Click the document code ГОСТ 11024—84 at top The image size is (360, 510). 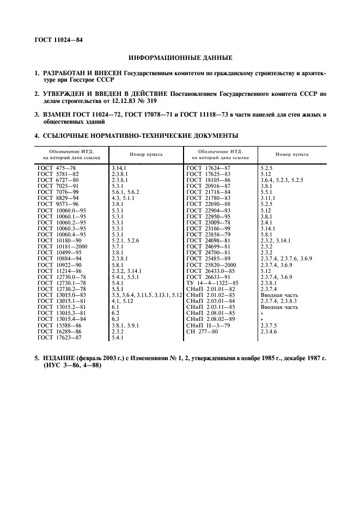[59, 39]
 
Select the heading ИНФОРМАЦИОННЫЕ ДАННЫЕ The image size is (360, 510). [180, 57]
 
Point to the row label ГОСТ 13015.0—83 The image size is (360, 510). [62, 295]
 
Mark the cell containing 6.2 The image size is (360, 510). [115, 313]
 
